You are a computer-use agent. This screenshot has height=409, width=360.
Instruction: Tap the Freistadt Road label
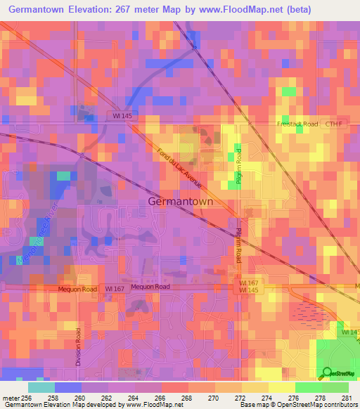[293, 124]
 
